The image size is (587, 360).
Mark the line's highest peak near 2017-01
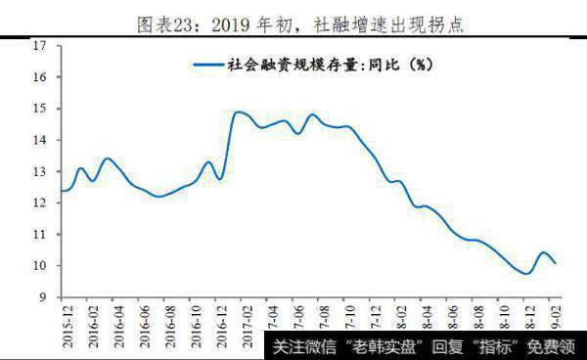[239, 112]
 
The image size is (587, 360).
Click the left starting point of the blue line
[62, 190]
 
